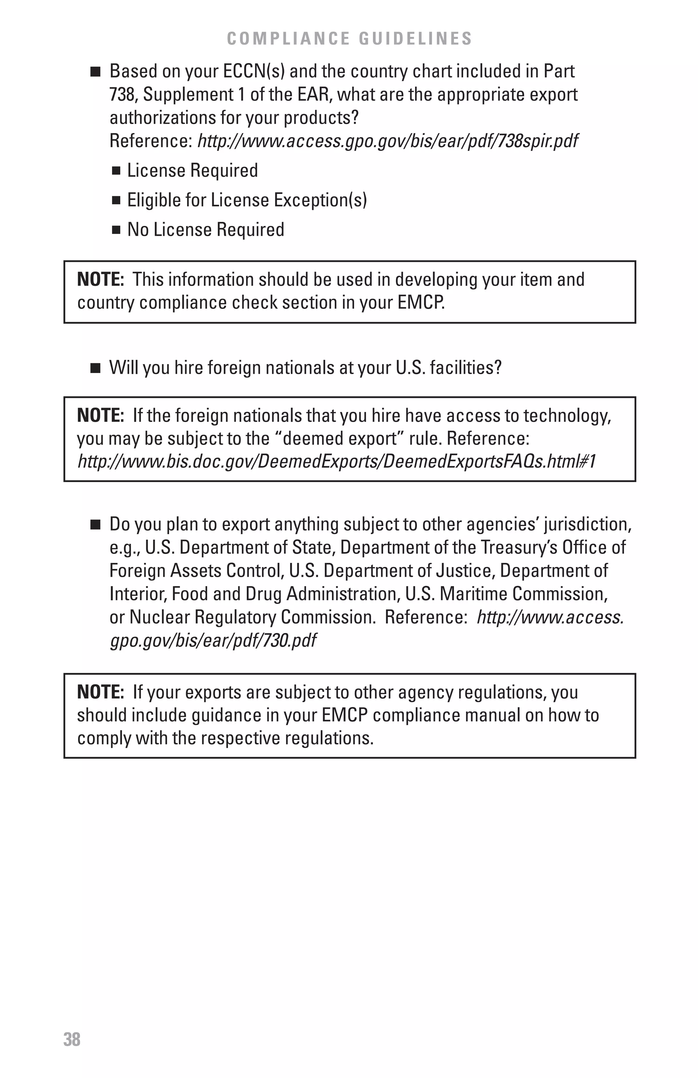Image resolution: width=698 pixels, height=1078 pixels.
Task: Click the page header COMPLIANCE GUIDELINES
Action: (349, 39)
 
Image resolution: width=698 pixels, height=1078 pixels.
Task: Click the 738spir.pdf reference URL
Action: (388, 141)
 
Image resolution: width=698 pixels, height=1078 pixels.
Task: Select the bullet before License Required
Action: (117, 171)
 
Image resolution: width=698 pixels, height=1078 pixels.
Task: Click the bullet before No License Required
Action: (117, 230)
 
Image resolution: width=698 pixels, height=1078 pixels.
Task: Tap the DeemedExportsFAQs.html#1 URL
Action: (336, 462)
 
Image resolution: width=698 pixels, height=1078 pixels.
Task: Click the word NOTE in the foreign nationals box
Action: (100, 415)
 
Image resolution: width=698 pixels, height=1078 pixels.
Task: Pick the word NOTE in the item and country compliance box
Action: (100, 279)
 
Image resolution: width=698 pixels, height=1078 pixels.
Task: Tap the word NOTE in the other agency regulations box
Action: (100, 692)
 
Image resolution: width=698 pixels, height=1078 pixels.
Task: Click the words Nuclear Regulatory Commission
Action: (252, 617)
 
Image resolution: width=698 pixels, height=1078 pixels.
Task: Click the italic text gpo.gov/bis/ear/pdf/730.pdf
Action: (213, 641)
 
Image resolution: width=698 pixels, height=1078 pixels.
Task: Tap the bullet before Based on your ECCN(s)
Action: (95, 72)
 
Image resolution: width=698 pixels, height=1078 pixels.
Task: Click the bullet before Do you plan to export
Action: (95, 524)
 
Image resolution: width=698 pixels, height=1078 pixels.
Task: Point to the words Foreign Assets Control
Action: (196, 571)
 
